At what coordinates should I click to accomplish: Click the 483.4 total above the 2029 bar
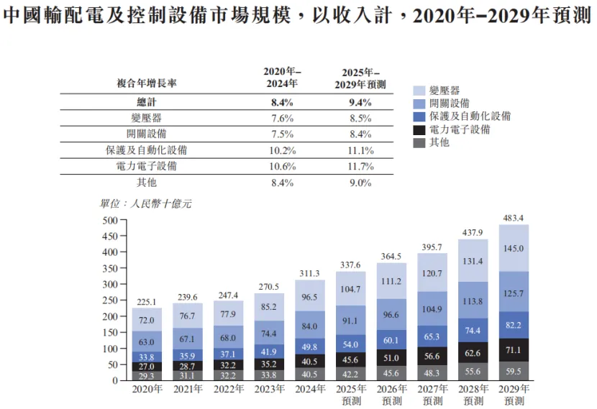click(514, 217)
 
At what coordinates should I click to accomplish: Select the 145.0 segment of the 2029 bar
click(514, 248)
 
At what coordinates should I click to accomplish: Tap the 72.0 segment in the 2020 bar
click(147, 319)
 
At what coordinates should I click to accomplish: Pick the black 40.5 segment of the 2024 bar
click(310, 361)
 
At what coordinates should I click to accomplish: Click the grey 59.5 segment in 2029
click(514, 372)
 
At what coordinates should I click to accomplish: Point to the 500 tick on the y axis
click(109, 220)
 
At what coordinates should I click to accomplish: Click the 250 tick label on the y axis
click(109, 300)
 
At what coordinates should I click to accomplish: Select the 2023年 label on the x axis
click(269, 389)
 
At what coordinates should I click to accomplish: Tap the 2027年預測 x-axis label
click(432, 394)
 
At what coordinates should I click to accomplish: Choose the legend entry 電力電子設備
click(460, 129)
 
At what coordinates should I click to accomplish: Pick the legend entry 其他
click(439, 142)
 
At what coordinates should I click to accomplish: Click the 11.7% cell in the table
click(360, 166)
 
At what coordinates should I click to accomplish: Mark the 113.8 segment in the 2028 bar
click(473, 301)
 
